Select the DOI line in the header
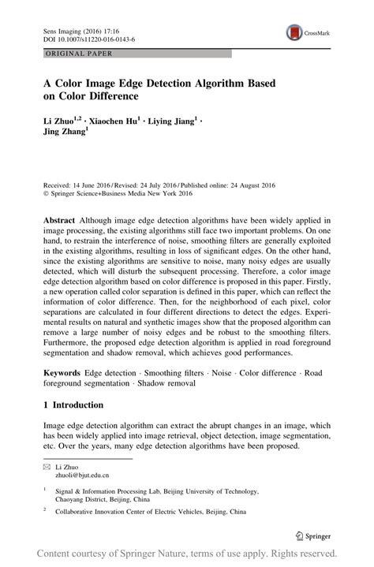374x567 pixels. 78,36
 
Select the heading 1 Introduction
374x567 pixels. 73,405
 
